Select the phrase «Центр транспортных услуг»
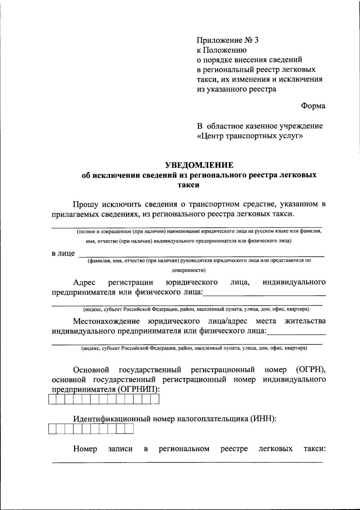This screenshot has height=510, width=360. click(x=250, y=136)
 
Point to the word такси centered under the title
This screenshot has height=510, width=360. click(x=188, y=185)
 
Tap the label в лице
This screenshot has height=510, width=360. click(x=63, y=253)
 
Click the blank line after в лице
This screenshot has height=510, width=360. click(x=201, y=256)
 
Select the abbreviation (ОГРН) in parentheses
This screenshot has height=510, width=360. click(x=311, y=370)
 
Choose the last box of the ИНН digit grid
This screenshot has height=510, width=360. click(x=129, y=430)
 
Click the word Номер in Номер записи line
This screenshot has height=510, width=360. click(x=85, y=449)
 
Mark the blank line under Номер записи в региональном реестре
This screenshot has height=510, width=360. click(x=187, y=462)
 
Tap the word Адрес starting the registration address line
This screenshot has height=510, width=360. click(x=84, y=283)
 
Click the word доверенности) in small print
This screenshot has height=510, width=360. click(x=188, y=270)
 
